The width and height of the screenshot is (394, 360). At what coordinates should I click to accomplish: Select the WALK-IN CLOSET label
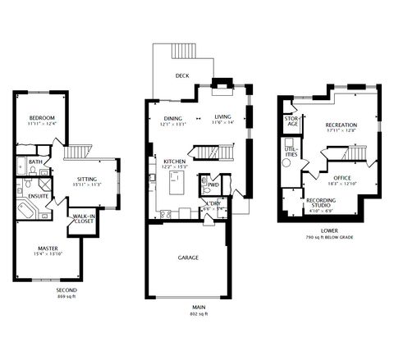click(80, 217)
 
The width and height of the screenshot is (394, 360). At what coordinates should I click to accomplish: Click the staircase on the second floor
click(76, 153)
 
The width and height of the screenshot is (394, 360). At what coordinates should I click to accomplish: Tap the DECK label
click(182, 76)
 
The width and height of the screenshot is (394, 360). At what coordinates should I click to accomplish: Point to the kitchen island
click(176, 187)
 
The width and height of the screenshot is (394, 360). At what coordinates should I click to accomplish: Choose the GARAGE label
click(188, 257)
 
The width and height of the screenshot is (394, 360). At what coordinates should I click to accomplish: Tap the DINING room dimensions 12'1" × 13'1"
click(172, 124)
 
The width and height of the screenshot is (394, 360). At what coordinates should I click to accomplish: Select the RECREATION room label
click(341, 125)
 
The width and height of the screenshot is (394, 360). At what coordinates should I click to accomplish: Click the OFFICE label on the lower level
click(342, 177)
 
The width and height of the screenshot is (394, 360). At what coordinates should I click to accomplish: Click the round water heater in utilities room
click(287, 162)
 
